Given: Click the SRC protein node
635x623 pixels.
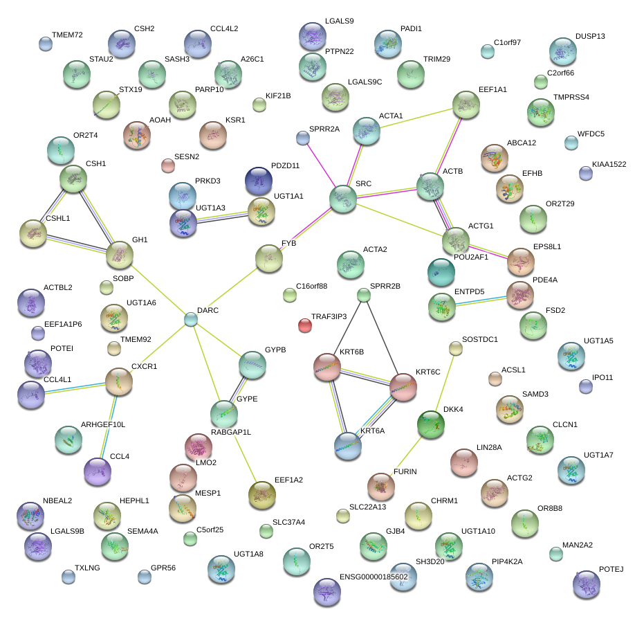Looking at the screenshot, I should click(342, 199).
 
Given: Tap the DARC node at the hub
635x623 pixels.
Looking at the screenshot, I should click(191, 319).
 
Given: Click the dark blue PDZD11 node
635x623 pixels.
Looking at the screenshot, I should click(259, 181).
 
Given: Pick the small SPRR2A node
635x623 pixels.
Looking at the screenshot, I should click(302, 138).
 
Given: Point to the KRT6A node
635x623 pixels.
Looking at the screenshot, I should click(348, 446).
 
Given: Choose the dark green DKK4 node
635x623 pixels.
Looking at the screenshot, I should click(431, 424).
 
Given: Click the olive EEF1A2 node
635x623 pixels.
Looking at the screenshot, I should click(262, 494).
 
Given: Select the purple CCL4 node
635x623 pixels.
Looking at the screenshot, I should click(97, 471).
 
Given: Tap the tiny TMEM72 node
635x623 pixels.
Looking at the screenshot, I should click(46, 44).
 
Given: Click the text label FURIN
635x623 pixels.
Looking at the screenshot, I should click(405, 471).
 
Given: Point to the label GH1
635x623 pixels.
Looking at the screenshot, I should click(140, 240).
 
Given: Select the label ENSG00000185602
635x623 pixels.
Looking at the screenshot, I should click(374, 576).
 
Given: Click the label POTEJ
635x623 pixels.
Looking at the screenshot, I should click(611, 569).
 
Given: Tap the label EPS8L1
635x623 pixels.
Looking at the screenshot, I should click(547, 246).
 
